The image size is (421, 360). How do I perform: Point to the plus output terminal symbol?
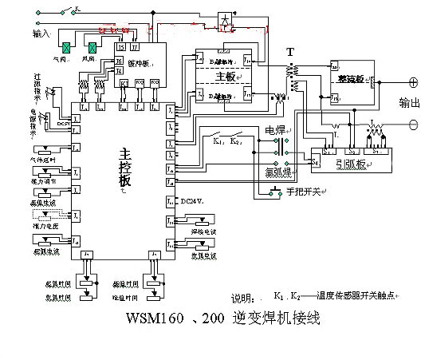click(413, 82)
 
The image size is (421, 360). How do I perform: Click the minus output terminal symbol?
click(413, 124)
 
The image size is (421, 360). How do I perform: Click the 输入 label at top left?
click(41, 34)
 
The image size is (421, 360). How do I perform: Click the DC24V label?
click(191, 200)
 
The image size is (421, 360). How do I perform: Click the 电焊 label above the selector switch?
click(275, 129)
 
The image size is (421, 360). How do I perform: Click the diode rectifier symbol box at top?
click(226, 20)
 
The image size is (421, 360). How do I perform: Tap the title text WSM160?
click(156, 319)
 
